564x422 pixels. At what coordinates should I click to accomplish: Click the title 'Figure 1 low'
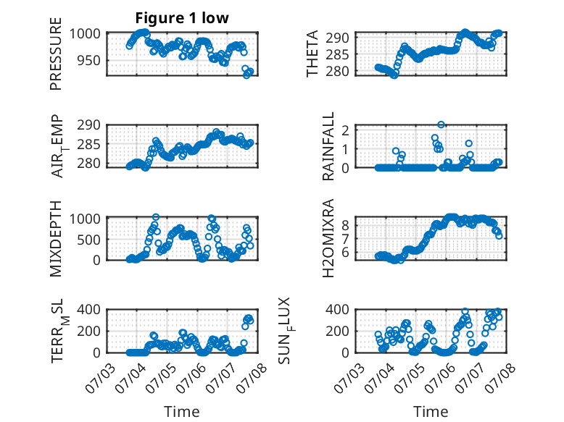(x=182, y=18)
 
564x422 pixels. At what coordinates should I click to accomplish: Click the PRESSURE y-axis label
(x=56, y=54)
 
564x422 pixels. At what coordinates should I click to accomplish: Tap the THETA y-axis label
(x=312, y=54)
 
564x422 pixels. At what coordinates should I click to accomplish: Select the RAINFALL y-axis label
(x=328, y=146)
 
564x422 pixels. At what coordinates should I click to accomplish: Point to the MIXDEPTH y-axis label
(x=56, y=239)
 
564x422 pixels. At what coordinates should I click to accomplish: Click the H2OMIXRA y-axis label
(x=328, y=238)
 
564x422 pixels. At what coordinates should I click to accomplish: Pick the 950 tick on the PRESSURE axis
(x=89, y=60)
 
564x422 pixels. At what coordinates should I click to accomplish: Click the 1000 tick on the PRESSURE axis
(x=85, y=34)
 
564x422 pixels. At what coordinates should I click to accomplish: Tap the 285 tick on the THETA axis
(x=337, y=54)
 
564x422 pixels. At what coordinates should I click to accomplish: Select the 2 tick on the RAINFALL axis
(x=346, y=130)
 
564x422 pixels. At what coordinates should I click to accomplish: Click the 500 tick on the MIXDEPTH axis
(x=89, y=240)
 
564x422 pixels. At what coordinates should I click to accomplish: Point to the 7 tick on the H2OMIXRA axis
(x=346, y=239)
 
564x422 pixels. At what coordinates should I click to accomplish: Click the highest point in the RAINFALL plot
(x=441, y=125)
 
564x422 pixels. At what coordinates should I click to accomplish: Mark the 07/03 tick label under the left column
(x=101, y=378)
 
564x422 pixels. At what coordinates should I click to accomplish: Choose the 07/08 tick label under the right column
(x=500, y=378)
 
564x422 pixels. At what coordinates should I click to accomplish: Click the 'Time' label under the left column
(x=182, y=412)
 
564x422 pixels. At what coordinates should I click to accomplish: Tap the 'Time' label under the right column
(x=431, y=412)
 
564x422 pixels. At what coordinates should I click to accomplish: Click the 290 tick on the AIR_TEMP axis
(x=89, y=125)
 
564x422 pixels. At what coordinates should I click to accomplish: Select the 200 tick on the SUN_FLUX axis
(x=337, y=331)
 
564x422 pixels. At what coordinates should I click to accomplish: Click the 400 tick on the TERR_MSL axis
(x=89, y=309)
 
